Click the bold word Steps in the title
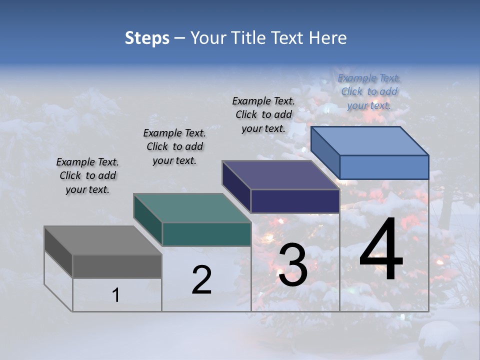(147, 38)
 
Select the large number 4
(381, 251)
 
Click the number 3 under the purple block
(292, 266)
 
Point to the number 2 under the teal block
(201, 280)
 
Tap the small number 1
(116, 295)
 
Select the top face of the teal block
(192, 208)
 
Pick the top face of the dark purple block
(280, 175)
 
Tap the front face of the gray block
(117, 266)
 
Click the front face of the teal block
(206, 234)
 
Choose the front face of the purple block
(295, 201)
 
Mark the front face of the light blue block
(384, 167)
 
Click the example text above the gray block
(87, 175)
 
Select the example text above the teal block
(174, 146)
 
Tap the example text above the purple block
(263, 114)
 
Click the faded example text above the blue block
(369, 91)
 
